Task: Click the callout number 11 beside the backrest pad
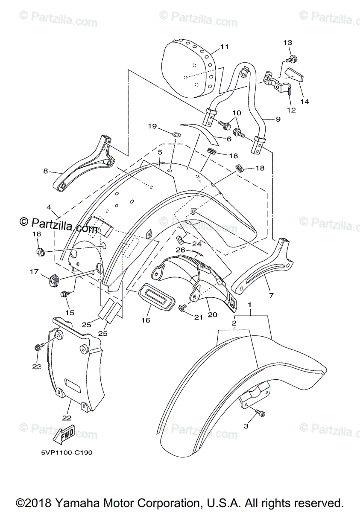(x=225, y=47)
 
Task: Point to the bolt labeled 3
(x=261, y=413)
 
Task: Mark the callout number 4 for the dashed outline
(x=49, y=208)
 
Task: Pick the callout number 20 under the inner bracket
(x=213, y=314)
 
